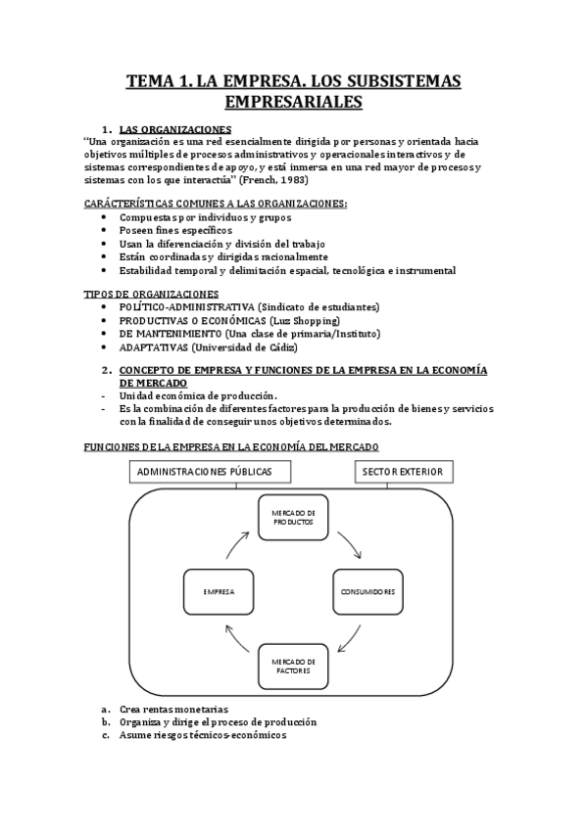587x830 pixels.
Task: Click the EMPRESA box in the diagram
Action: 218,592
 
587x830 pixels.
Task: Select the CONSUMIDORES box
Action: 367,592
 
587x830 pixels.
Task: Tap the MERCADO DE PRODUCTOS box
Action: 294,518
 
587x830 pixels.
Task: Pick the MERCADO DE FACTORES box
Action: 294,667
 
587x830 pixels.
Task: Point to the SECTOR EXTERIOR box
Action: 402,472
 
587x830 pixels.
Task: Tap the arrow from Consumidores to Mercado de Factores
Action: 352,641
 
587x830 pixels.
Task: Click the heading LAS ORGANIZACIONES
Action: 174,129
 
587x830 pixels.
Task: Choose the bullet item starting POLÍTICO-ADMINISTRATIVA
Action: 249,307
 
